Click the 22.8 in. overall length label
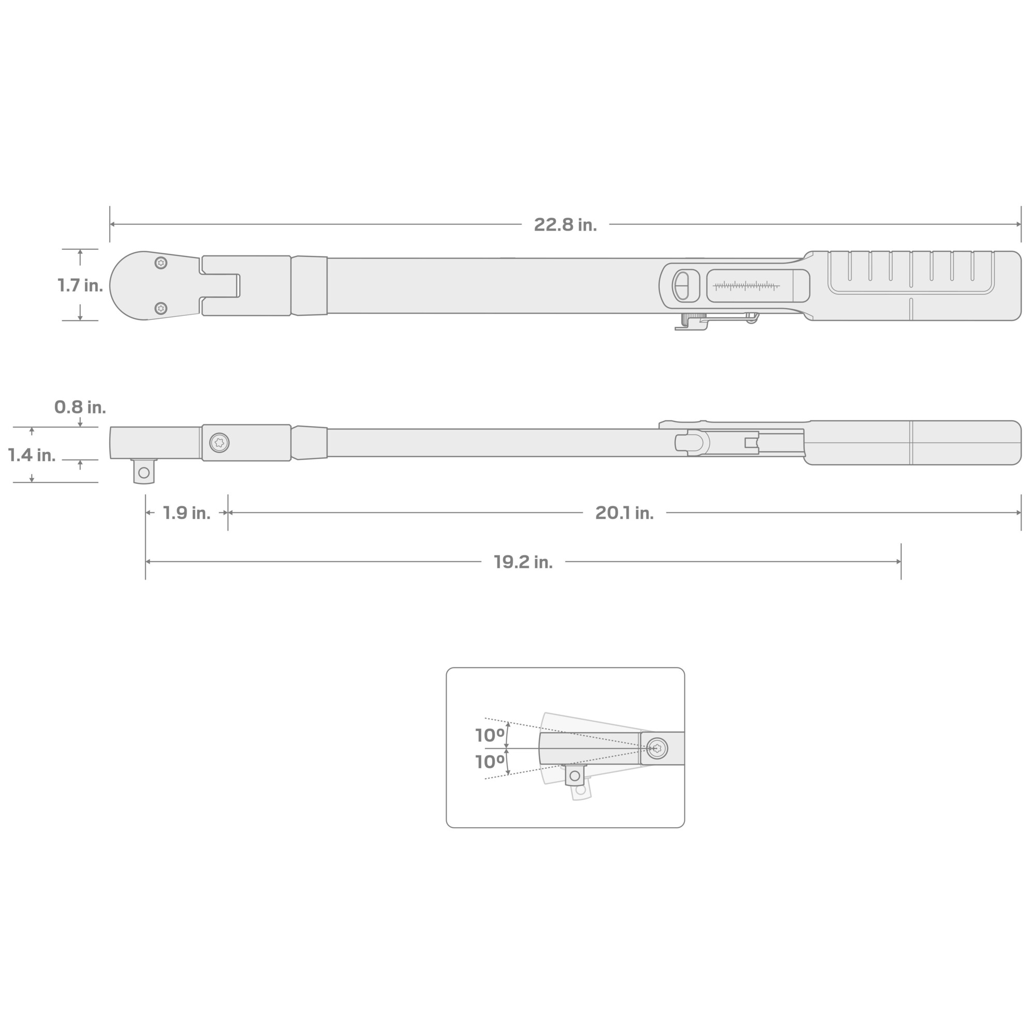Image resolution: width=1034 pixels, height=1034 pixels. click(x=565, y=225)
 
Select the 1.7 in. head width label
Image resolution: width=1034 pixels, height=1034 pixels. click(x=80, y=285)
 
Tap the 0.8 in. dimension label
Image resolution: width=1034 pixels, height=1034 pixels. click(x=80, y=407)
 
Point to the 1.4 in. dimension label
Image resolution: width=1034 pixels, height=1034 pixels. click(x=32, y=455)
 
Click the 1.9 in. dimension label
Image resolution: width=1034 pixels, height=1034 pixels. click(x=186, y=513)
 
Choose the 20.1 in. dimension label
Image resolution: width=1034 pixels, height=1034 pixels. click(x=624, y=513)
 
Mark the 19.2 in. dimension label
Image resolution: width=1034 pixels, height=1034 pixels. click(x=523, y=562)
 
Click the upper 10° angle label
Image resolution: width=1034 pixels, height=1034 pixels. click(x=490, y=735)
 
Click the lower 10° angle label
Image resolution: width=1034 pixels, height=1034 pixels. click(x=490, y=762)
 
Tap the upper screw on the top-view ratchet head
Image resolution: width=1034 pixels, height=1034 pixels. click(x=161, y=263)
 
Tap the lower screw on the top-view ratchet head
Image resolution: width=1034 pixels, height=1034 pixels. click(x=161, y=308)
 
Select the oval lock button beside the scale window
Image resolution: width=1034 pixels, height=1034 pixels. click(x=681, y=286)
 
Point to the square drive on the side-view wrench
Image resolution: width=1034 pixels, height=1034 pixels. click(x=144, y=472)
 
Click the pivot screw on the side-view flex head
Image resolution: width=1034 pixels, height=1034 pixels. click(x=219, y=443)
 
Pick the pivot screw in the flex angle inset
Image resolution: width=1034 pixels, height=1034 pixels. click(x=657, y=748)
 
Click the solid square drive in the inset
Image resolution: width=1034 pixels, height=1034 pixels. click(x=575, y=775)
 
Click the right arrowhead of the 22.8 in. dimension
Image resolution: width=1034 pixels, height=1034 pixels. click(x=1018, y=224)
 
